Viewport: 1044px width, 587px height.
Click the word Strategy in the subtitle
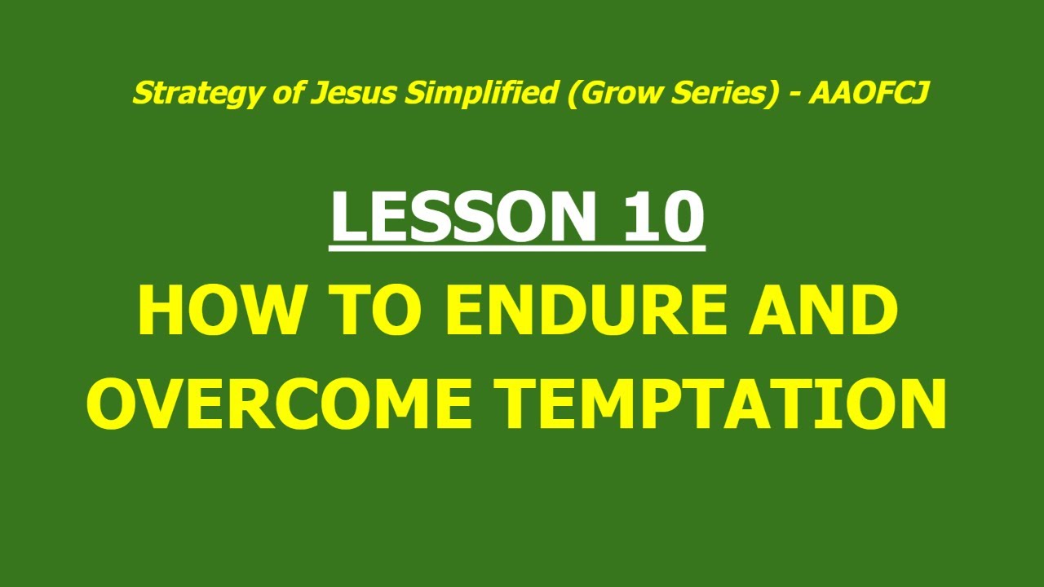point(175,95)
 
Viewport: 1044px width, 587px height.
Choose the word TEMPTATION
point(721,404)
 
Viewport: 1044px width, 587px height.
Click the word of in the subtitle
point(292,94)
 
